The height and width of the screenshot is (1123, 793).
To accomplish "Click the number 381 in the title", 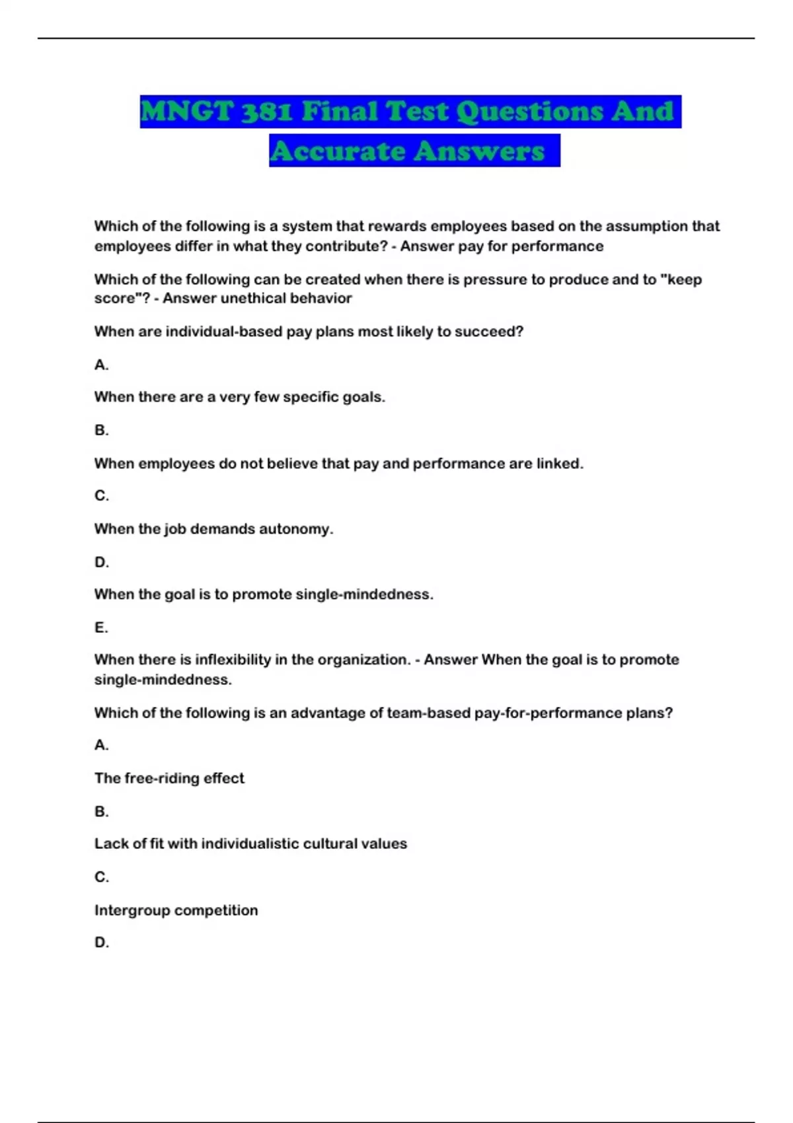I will [x=266, y=111].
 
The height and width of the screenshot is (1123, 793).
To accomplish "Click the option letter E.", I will [x=101, y=627].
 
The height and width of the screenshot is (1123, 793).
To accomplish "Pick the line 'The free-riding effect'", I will [x=169, y=778].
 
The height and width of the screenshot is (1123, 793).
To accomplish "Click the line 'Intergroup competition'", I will [x=176, y=910].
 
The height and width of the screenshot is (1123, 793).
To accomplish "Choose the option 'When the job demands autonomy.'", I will [x=213, y=529].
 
